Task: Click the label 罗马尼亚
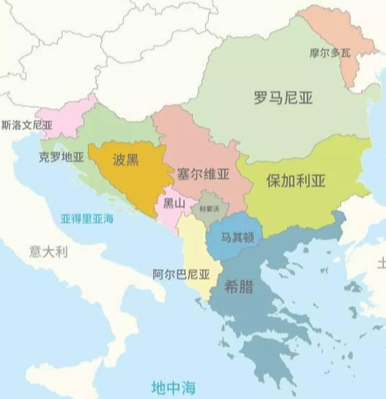(284, 98)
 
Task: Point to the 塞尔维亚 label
(202, 174)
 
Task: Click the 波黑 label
(125, 160)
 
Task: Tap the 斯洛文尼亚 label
(28, 124)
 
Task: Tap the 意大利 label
(48, 251)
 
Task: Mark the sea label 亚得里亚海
(86, 218)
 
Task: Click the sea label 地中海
(169, 387)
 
